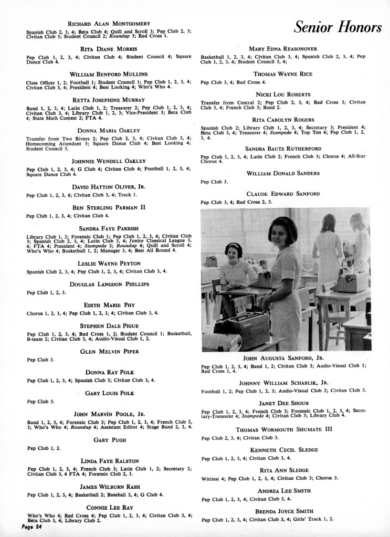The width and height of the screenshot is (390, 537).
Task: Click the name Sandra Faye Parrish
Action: tap(106, 229)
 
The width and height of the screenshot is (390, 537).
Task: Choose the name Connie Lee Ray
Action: tap(107, 508)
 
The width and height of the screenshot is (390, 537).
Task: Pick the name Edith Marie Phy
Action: tap(107, 305)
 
